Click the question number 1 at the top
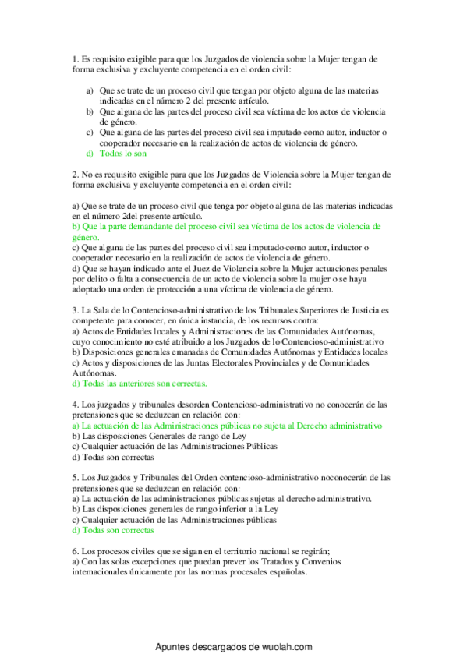(x=73, y=58)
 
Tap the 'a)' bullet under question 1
(x=90, y=90)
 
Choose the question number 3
(x=73, y=310)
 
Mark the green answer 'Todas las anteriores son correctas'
(x=139, y=384)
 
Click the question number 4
(x=73, y=405)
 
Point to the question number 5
(x=73, y=478)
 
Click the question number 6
(x=73, y=550)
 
